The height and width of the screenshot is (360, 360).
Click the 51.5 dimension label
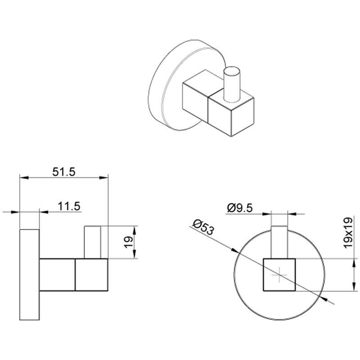click(x=64, y=171)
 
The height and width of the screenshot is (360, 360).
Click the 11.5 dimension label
click(x=69, y=206)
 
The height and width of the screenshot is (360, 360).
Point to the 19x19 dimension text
click(x=346, y=233)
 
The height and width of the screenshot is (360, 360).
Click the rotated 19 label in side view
click(x=127, y=242)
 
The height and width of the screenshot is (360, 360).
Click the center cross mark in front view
click(x=279, y=275)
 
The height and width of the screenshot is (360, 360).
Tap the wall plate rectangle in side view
click(x=30, y=275)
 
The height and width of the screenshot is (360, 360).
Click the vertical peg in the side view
click(x=93, y=242)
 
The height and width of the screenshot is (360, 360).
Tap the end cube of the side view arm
click(x=92, y=274)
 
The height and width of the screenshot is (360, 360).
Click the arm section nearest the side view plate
click(x=58, y=274)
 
